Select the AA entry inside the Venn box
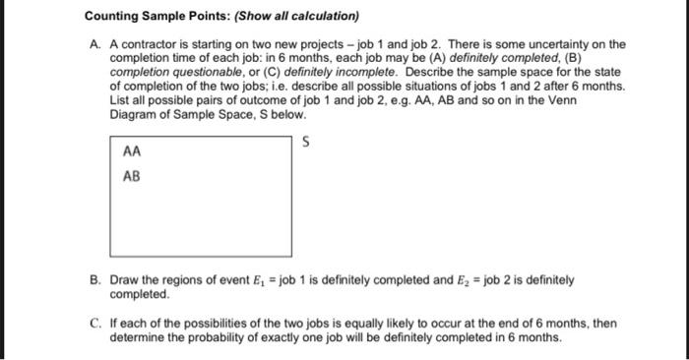click(132, 153)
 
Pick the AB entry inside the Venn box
click(132, 177)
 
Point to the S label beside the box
click(307, 143)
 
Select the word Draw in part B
click(125, 280)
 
